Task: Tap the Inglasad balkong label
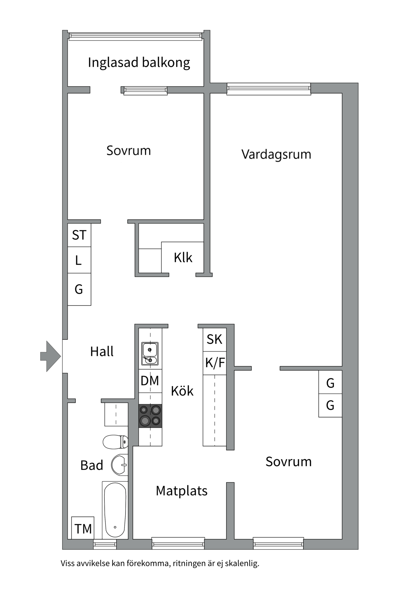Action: [139, 63]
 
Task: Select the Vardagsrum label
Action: [276, 154]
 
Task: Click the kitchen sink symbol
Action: [150, 353]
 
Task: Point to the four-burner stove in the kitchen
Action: [150, 416]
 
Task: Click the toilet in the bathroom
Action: [116, 442]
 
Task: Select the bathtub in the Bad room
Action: [115, 510]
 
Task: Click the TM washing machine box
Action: [83, 528]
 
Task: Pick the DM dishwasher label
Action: [150, 381]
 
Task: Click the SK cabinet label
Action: [214, 339]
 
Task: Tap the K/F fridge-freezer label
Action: [215, 363]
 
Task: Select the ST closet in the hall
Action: [79, 235]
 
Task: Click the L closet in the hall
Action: [79, 260]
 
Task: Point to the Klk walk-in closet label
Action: [183, 258]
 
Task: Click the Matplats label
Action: [181, 491]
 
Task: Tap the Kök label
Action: [182, 391]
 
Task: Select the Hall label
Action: [102, 352]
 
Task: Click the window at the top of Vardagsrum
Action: [269, 89]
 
